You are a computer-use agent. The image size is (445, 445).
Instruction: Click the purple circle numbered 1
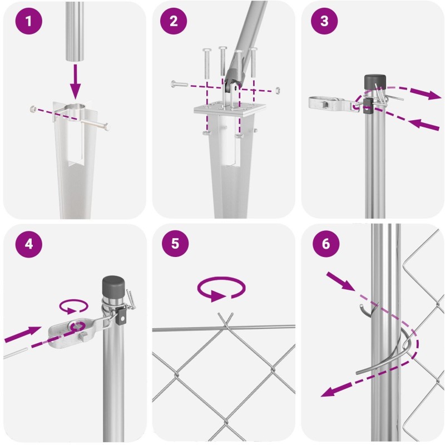pos(29,21)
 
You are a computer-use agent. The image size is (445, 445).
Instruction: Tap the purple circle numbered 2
pos(174,21)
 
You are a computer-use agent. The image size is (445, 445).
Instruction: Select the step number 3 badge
pos(324,21)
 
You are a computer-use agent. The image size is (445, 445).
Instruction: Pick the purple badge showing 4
pos(29,244)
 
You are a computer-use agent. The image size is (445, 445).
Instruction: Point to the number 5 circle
pos(175,244)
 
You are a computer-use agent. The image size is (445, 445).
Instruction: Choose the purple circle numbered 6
pos(326,244)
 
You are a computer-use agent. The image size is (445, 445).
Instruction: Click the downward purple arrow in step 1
pos(75,82)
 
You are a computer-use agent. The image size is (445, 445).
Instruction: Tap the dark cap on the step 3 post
pos(375,82)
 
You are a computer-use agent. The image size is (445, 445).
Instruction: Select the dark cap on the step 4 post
pos(113,286)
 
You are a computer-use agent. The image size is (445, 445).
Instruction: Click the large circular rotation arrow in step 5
pos(221,289)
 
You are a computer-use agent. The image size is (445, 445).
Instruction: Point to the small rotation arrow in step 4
pos(73,306)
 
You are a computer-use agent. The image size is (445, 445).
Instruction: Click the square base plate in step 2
pos(229,108)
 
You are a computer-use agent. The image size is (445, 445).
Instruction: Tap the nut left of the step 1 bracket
pos(33,108)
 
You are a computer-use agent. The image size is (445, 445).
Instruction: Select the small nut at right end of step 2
pos(277,91)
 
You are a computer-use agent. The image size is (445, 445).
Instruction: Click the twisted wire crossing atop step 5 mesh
pos(226,322)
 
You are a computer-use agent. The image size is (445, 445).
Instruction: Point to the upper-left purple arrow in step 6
pos(340,281)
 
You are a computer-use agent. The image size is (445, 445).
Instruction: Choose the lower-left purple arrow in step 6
pos(337,389)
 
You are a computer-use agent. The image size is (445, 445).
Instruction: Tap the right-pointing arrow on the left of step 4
pos(23,334)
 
